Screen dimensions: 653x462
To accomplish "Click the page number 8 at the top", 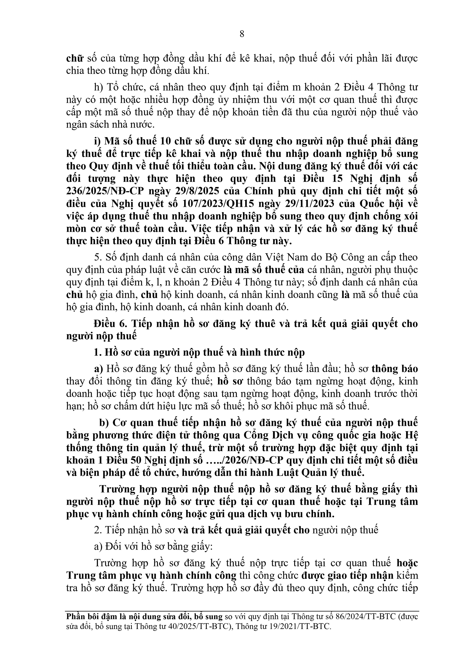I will coord(242,34).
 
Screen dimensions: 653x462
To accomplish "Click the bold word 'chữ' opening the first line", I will coord(75,59).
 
